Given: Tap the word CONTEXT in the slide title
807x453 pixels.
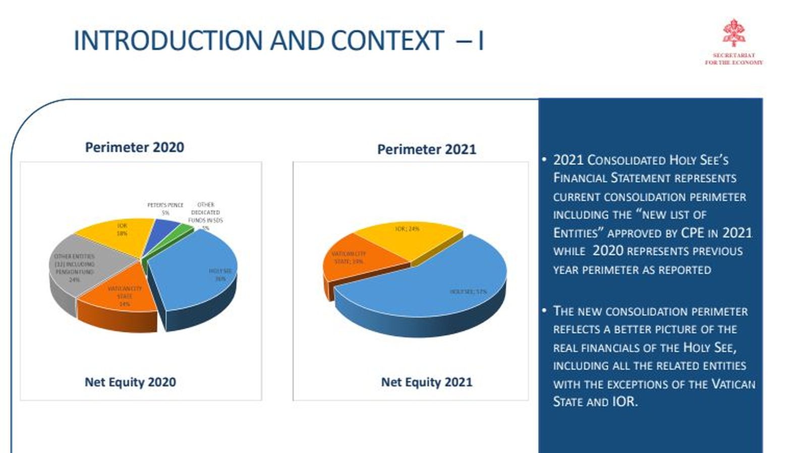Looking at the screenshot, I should (x=387, y=41).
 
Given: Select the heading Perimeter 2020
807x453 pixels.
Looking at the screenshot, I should (x=134, y=147).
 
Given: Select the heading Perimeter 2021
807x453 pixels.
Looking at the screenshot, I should (x=426, y=149).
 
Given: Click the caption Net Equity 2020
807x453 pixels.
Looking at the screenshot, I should (x=130, y=382).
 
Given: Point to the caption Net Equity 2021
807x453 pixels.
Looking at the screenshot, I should (x=426, y=382).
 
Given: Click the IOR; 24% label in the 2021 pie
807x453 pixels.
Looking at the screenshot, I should (x=407, y=229).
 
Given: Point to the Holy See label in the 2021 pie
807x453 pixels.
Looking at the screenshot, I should (x=468, y=292).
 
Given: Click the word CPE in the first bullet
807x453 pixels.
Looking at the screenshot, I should (x=692, y=233).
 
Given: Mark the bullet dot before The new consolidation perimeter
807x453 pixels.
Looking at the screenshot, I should (x=544, y=310).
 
